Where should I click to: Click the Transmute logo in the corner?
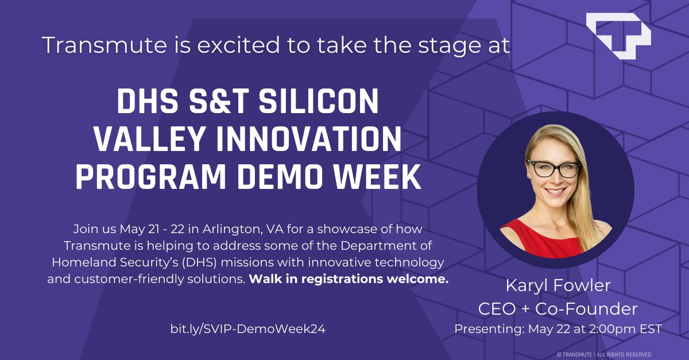(x=618, y=37)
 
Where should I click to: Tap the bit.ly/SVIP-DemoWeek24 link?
(x=251, y=328)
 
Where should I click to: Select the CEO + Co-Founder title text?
(x=558, y=309)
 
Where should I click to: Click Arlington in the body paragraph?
(x=232, y=230)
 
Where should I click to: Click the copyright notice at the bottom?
(x=604, y=354)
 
